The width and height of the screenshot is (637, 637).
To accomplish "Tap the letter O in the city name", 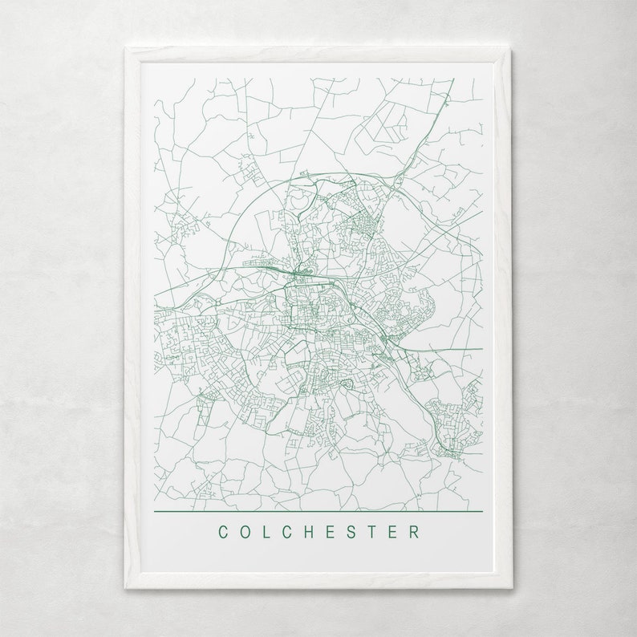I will point(245,532).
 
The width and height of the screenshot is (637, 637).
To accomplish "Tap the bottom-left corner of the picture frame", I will point(126,588).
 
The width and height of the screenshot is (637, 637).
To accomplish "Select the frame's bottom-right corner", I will point(511,588).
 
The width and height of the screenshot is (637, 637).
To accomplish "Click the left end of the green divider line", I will point(154,511).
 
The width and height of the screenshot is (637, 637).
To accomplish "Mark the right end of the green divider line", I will point(482,511).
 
